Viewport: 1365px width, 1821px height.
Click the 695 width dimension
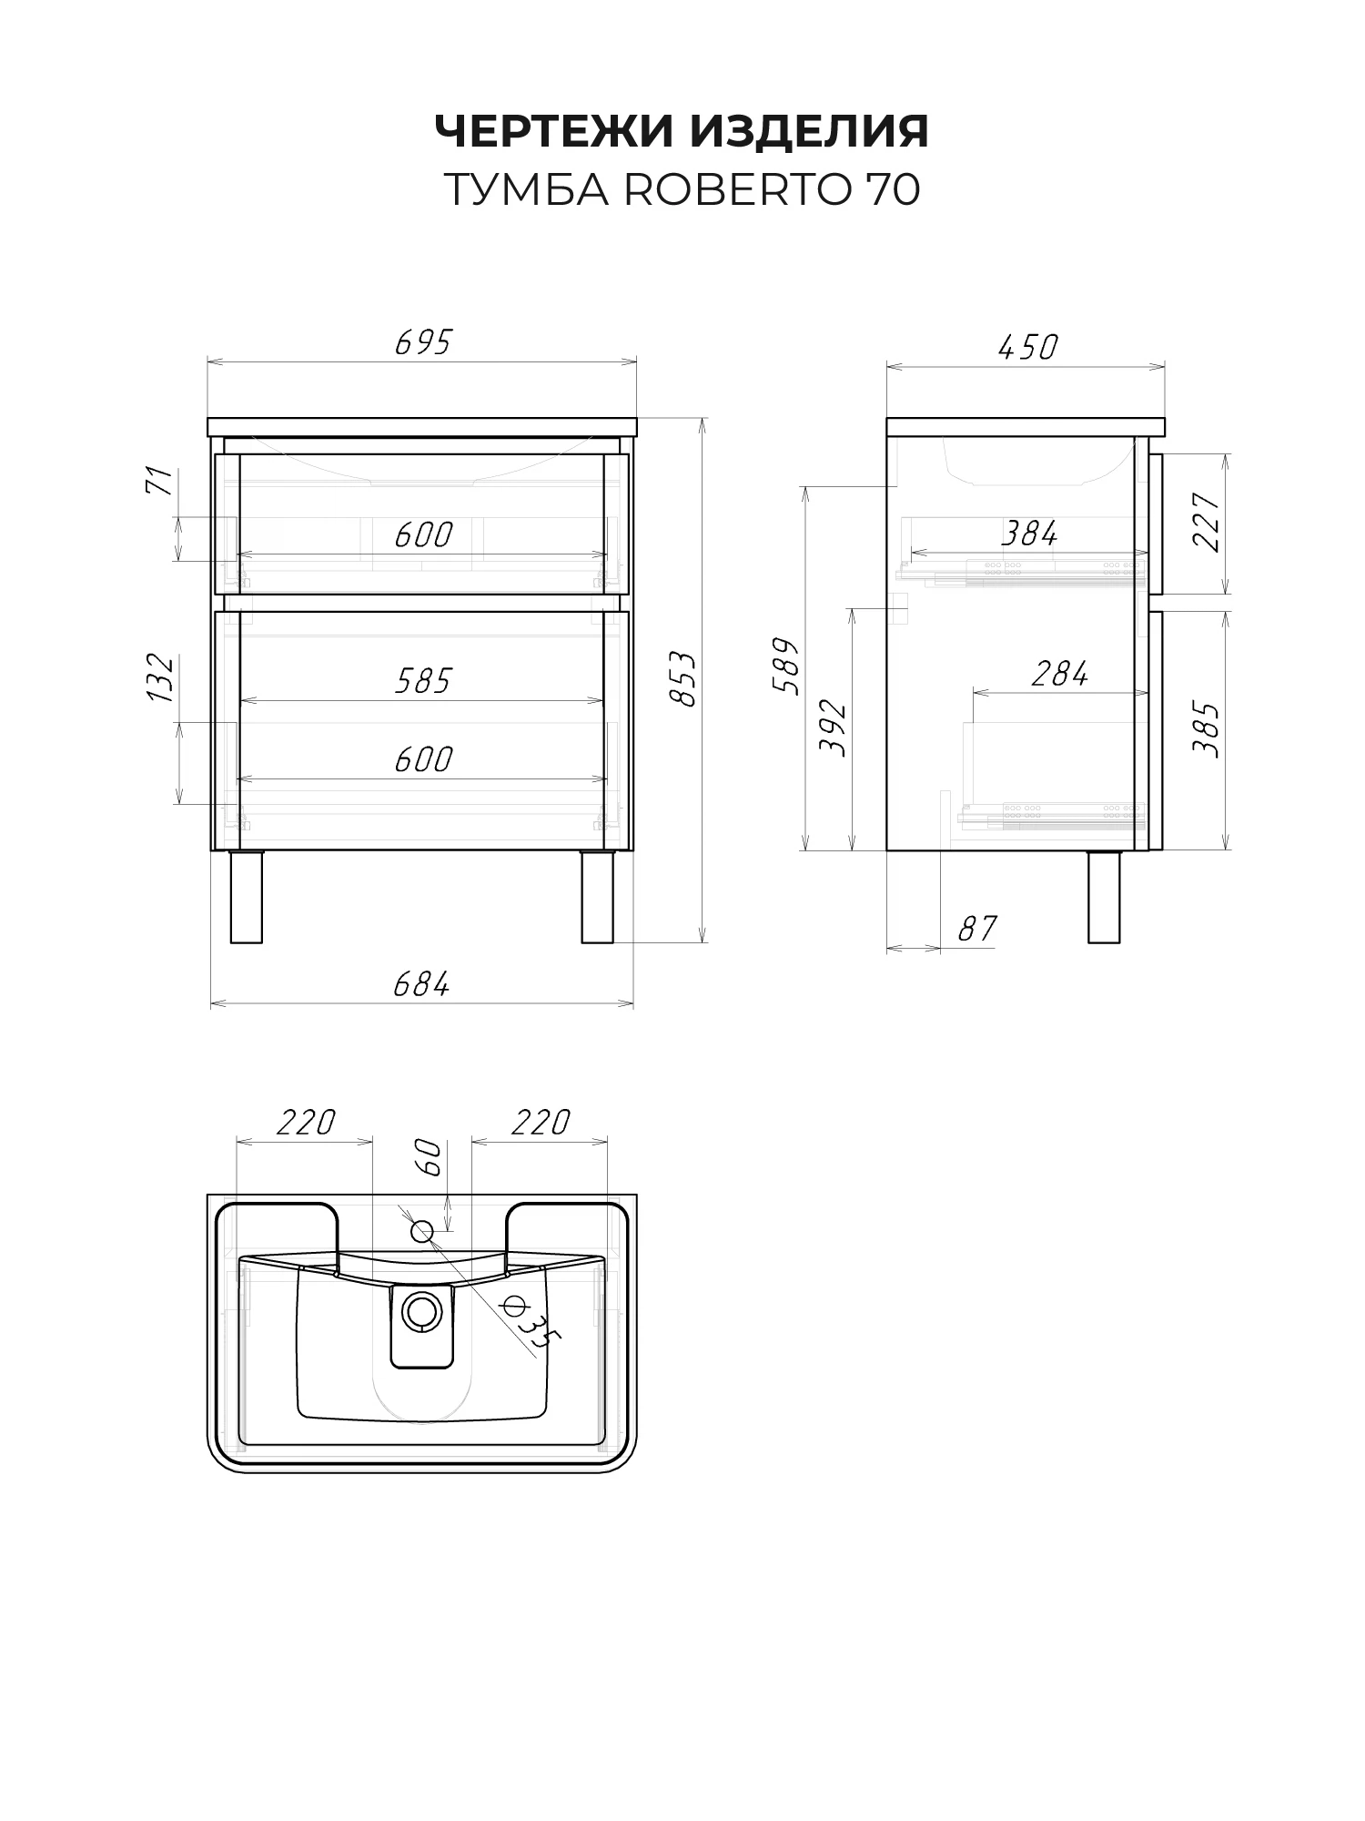point(423,342)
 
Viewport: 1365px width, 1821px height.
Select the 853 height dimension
point(683,678)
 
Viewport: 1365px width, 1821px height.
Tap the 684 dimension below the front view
point(421,984)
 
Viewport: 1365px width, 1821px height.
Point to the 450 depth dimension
point(1027,347)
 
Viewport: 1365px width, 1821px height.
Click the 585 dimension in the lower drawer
point(423,681)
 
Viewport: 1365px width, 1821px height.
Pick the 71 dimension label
point(160,481)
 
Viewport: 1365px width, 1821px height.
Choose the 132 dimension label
point(160,677)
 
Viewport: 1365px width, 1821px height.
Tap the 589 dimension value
point(786,666)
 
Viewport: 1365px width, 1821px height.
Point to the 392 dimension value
point(833,728)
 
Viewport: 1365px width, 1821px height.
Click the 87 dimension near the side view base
point(977,929)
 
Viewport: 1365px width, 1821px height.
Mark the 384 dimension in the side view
point(1029,534)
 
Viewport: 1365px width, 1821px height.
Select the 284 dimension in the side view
point(1060,675)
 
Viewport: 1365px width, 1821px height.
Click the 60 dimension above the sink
point(430,1158)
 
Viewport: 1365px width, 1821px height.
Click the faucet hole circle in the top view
point(422,1232)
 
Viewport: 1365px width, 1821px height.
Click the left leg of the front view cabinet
point(246,897)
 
